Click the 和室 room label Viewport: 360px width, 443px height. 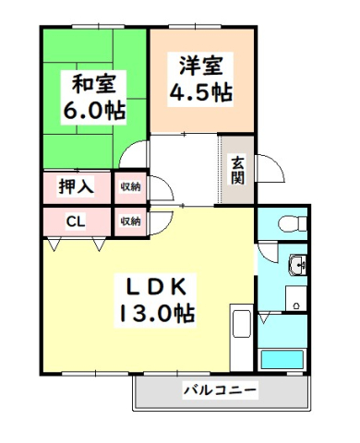(x=93, y=82)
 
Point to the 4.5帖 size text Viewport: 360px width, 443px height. (x=199, y=92)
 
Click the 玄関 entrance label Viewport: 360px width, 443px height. (x=237, y=170)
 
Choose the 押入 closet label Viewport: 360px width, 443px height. (x=76, y=186)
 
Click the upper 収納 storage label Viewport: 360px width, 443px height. (x=130, y=186)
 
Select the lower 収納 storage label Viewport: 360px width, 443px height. (x=130, y=221)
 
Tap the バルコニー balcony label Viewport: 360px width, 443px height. (x=219, y=390)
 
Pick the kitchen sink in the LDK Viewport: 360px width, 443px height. (x=241, y=326)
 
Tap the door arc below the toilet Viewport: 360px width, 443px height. (x=268, y=251)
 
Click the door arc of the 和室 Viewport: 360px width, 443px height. (x=136, y=153)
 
